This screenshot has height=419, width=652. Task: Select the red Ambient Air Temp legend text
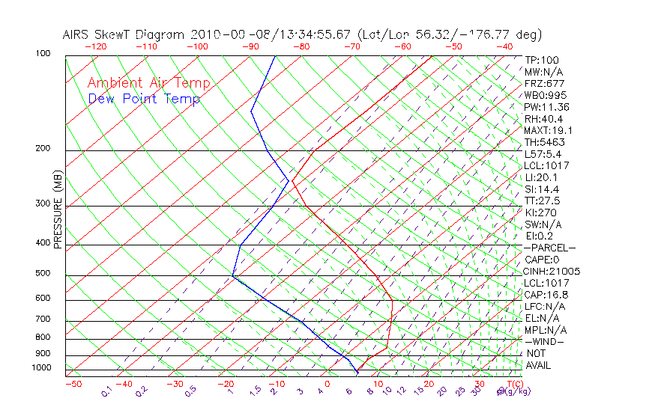[x=148, y=83]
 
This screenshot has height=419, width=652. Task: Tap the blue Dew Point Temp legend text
[x=144, y=99]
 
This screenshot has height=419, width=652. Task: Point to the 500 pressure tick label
[x=42, y=274]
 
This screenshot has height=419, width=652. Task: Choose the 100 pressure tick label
[x=42, y=54]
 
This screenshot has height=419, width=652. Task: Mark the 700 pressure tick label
[x=42, y=319]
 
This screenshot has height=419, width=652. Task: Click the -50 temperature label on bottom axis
[x=73, y=384]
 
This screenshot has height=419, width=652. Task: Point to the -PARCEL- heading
[x=549, y=248]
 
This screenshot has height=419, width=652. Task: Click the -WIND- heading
[x=545, y=342]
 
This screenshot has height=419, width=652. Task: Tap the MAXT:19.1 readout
[x=546, y=130]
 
